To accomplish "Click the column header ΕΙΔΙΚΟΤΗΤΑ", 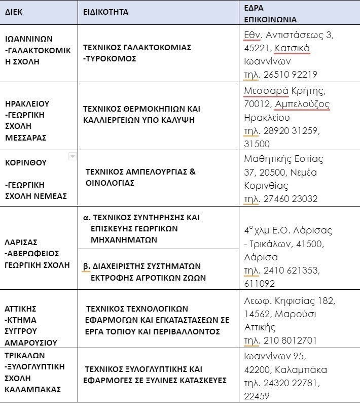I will [106, 12].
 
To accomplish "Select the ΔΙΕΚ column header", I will [17, 12].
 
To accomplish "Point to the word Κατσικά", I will [292, 48].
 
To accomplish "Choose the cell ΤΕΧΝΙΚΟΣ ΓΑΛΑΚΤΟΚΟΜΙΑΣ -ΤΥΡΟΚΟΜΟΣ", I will [137, 53].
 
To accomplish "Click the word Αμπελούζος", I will [302, 104].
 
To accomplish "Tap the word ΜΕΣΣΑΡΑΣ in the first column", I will [26, 137].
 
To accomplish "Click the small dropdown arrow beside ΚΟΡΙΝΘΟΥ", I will [73, 157].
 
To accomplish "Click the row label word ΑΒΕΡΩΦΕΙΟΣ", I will [39, 253].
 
